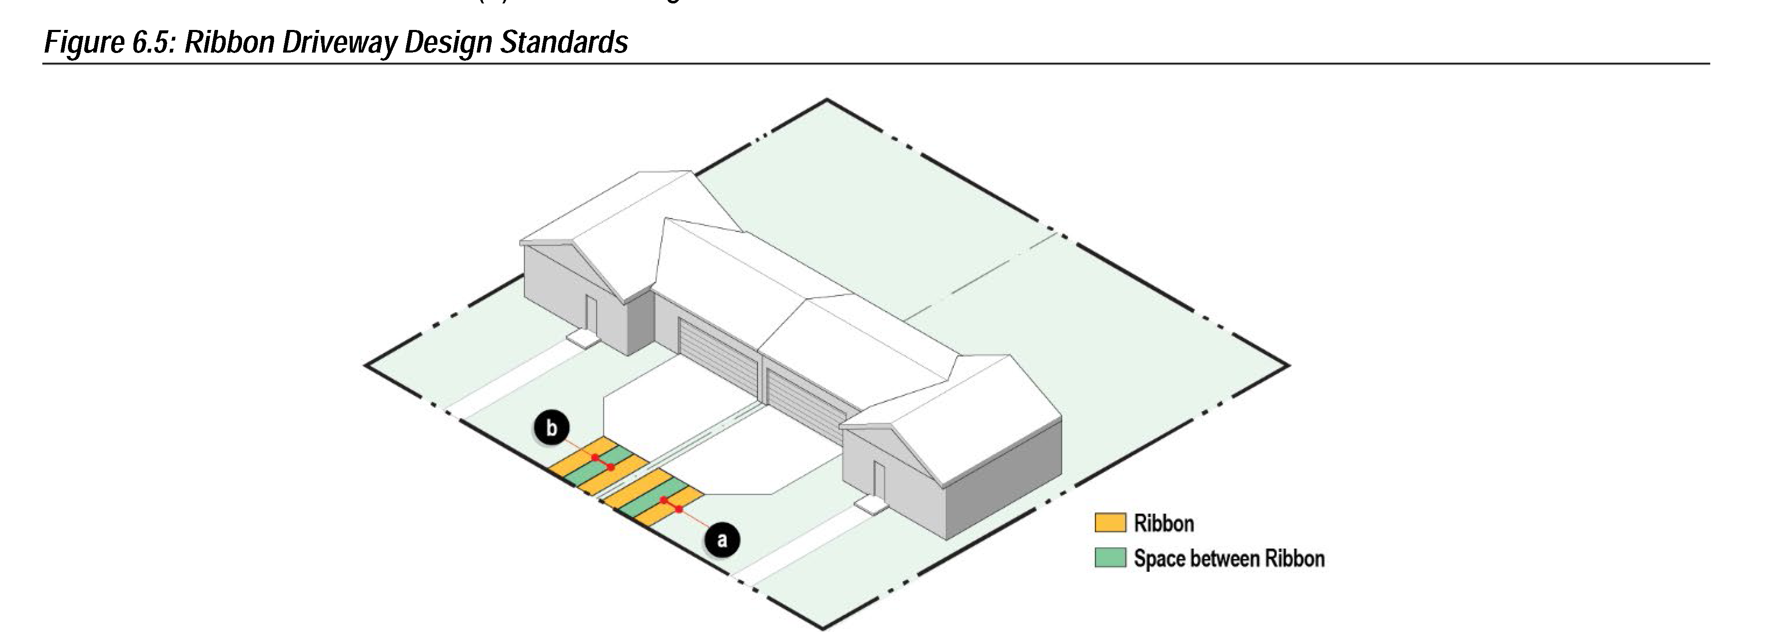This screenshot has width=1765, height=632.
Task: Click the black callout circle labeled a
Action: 721,540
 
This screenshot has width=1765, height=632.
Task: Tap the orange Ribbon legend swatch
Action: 1109,523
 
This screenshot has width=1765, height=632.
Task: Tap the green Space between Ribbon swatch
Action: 1109,557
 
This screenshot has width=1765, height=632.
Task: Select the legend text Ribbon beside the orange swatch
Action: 1163,524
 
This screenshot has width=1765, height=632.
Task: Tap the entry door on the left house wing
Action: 590,314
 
